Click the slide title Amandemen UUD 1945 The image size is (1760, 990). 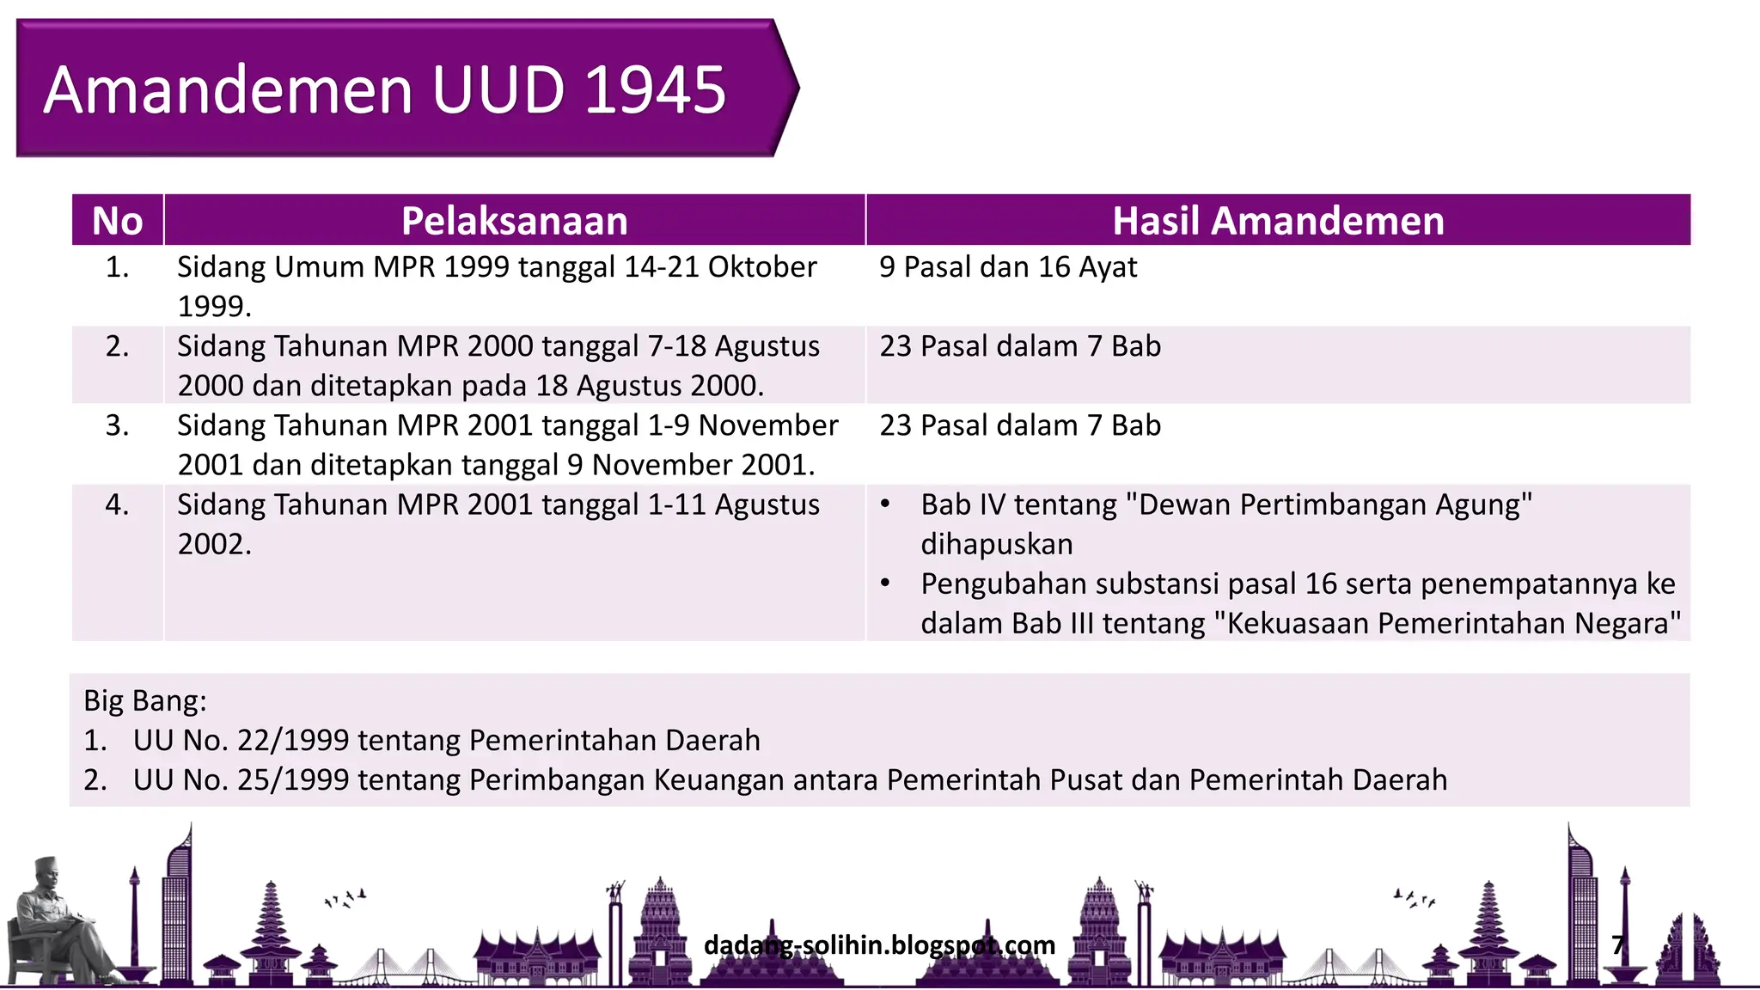coord(384,89)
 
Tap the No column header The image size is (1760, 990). coord(117,221)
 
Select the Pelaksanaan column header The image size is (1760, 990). coord(514,221)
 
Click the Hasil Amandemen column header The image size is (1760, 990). coord(1278,221)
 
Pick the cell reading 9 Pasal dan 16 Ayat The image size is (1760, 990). coord(1007,267)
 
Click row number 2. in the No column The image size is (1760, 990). coord(117,346)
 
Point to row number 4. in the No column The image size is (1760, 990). coord(117,504)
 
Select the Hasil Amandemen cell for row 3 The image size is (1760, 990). coord(1019,425)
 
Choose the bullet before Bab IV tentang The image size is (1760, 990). coord(885,504)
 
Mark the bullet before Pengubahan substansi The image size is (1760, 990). coord(885,584)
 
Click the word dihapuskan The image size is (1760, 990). coord(996,544)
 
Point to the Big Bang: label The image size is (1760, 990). coord(144,701)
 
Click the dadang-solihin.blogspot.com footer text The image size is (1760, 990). coord(879,945)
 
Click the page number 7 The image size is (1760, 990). coord(1618,945)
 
